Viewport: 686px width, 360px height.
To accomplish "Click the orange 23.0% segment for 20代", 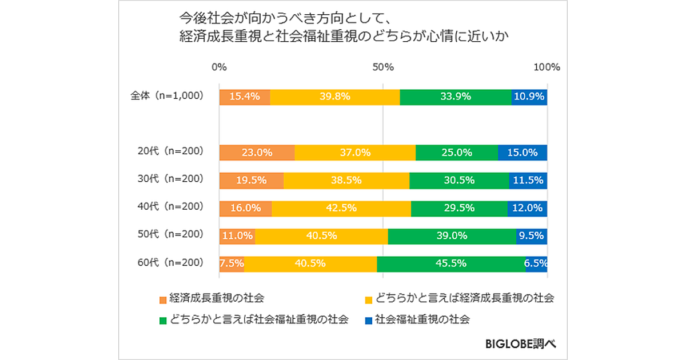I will coord(257,153).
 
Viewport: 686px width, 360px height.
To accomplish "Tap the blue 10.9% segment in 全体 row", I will coord(529,97).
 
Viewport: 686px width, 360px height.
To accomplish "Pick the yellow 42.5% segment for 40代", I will coord(341,209).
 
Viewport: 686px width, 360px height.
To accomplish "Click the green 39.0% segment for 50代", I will coord(452,236).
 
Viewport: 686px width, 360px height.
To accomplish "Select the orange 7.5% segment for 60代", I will coord(232,264).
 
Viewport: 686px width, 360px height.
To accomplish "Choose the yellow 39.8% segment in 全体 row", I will coord(335,97).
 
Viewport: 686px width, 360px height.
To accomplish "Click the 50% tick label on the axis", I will coord(383,67).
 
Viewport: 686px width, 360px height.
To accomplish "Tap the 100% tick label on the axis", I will coord(547,67).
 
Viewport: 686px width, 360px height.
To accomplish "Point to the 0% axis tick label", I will coord(219,67).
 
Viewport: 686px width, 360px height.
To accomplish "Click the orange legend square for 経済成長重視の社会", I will coord(163,299).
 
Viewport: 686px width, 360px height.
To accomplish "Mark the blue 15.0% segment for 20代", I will coord(523,153).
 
